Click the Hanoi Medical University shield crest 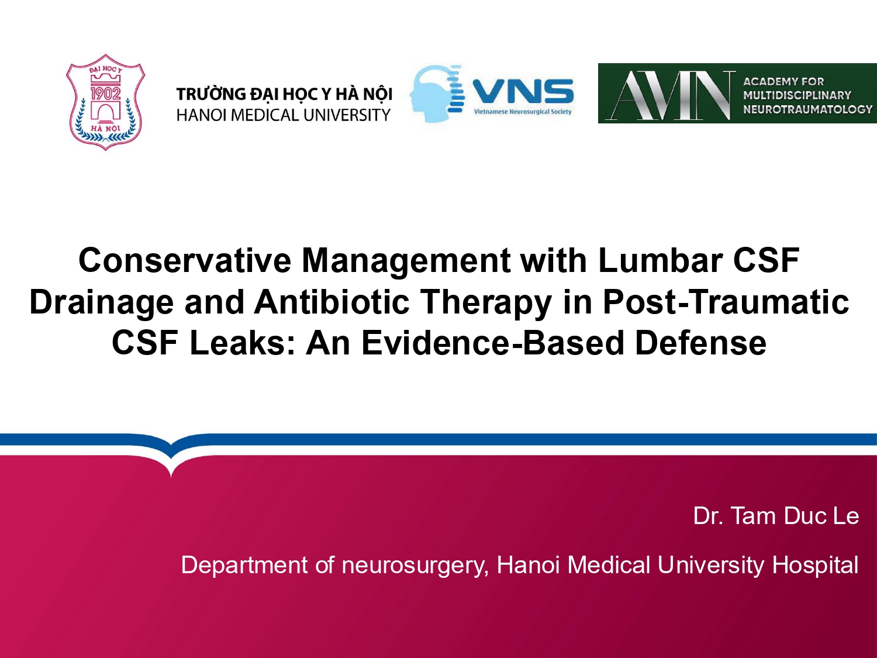click(105, 102)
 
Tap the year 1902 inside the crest click(105, 94)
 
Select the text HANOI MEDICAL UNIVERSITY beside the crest click(284, 115)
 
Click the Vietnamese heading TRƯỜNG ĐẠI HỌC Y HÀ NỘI click(285, 94)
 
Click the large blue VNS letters click(523, 91)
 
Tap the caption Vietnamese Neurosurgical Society click(523, 112)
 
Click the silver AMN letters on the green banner click(669, 95)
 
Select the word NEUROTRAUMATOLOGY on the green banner click(807, 109)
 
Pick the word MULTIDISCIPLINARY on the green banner click(797, 95)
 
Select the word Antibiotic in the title click(332, 302)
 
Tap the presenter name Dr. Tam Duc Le click(776, 516)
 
